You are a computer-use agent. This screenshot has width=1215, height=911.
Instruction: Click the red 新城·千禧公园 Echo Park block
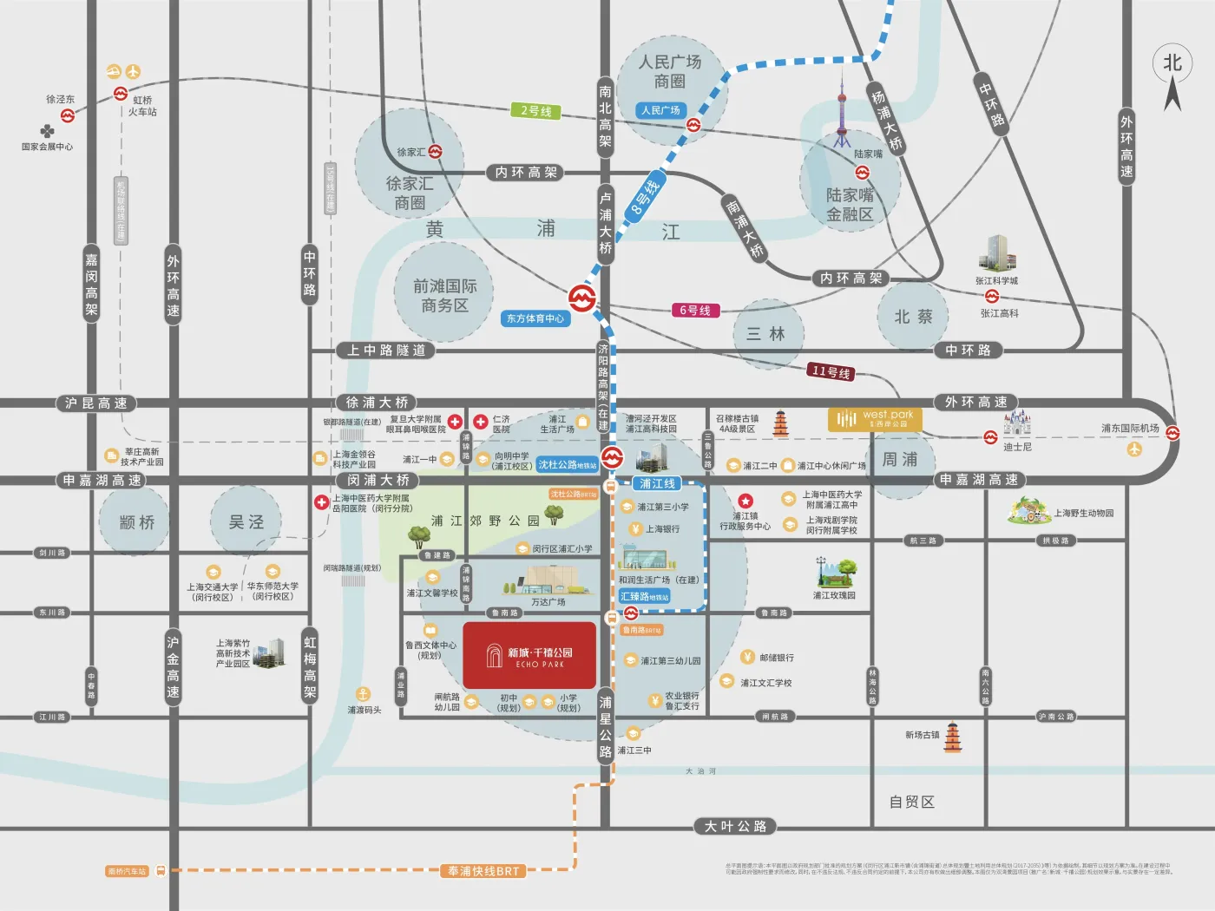529,655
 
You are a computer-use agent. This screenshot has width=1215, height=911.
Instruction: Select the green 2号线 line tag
536,111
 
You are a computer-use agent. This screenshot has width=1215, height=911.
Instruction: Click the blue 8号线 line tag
645,199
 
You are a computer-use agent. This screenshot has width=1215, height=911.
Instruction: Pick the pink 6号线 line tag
695,311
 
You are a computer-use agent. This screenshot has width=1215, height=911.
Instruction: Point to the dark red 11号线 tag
831,372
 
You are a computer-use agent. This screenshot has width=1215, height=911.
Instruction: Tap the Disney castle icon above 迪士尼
1016,423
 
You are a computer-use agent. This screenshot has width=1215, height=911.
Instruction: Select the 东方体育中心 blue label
535,318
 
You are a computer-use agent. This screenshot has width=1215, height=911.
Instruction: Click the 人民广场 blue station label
661,110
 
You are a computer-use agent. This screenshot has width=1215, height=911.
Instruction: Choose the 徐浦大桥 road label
377,403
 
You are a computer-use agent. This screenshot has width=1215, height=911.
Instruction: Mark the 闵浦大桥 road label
378,480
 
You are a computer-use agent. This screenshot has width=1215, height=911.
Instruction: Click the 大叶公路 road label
735,827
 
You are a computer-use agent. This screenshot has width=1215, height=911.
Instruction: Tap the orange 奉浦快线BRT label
483,871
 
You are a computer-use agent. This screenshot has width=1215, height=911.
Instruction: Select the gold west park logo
875,419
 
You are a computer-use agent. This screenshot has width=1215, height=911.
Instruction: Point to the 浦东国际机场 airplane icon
1133,449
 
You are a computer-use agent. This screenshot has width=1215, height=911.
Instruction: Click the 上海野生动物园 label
1083,514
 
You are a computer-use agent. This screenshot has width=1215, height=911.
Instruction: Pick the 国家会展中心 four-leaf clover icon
47,131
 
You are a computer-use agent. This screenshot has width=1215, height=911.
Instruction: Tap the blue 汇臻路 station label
644,597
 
